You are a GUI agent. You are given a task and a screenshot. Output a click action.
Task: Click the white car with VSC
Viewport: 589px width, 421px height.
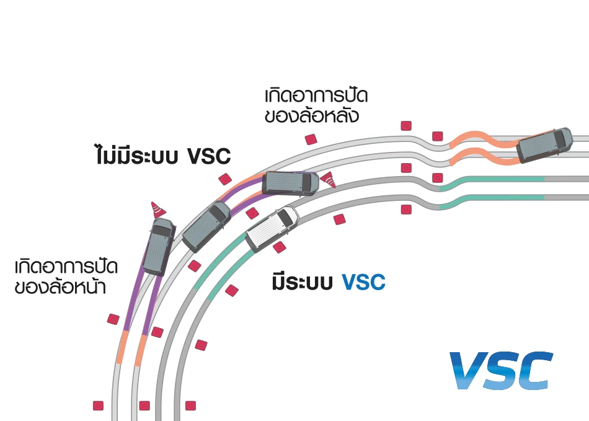(x=272, y=228)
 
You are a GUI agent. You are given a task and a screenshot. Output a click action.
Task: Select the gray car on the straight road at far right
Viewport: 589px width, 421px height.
(x=545, y=144)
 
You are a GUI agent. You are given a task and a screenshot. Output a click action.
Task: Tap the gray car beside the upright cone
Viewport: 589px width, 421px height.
(x=159, y=246)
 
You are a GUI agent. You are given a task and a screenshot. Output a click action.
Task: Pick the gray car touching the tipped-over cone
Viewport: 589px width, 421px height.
(x=290, y=183)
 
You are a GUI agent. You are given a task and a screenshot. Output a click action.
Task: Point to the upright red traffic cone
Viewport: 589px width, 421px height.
(x=156, y=211)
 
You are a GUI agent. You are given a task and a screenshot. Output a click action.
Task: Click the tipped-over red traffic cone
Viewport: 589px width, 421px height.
(x=329, y=179)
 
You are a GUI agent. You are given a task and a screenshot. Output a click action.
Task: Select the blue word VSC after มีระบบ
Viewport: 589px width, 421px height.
(x=363, y=283)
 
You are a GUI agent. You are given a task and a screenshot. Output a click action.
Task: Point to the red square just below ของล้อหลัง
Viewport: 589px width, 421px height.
(x=311, y=139)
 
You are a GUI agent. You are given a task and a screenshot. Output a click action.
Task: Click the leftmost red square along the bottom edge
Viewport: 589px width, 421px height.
(x=98, y=405)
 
